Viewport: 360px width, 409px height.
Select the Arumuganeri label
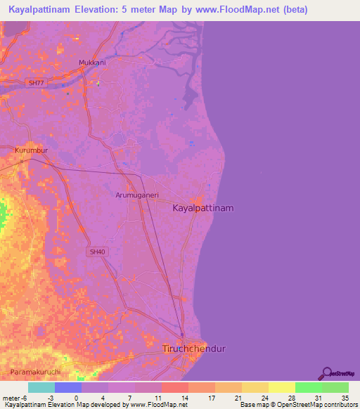pos(136,196)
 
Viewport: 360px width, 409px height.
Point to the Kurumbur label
pos(30,150)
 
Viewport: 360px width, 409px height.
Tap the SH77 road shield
pos(34,83)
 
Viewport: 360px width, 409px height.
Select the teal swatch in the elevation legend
pos(41,387)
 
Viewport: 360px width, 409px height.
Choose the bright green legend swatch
pos(308,387)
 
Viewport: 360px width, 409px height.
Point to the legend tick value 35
pos(344,398)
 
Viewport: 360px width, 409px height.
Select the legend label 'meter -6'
pos(15,398)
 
